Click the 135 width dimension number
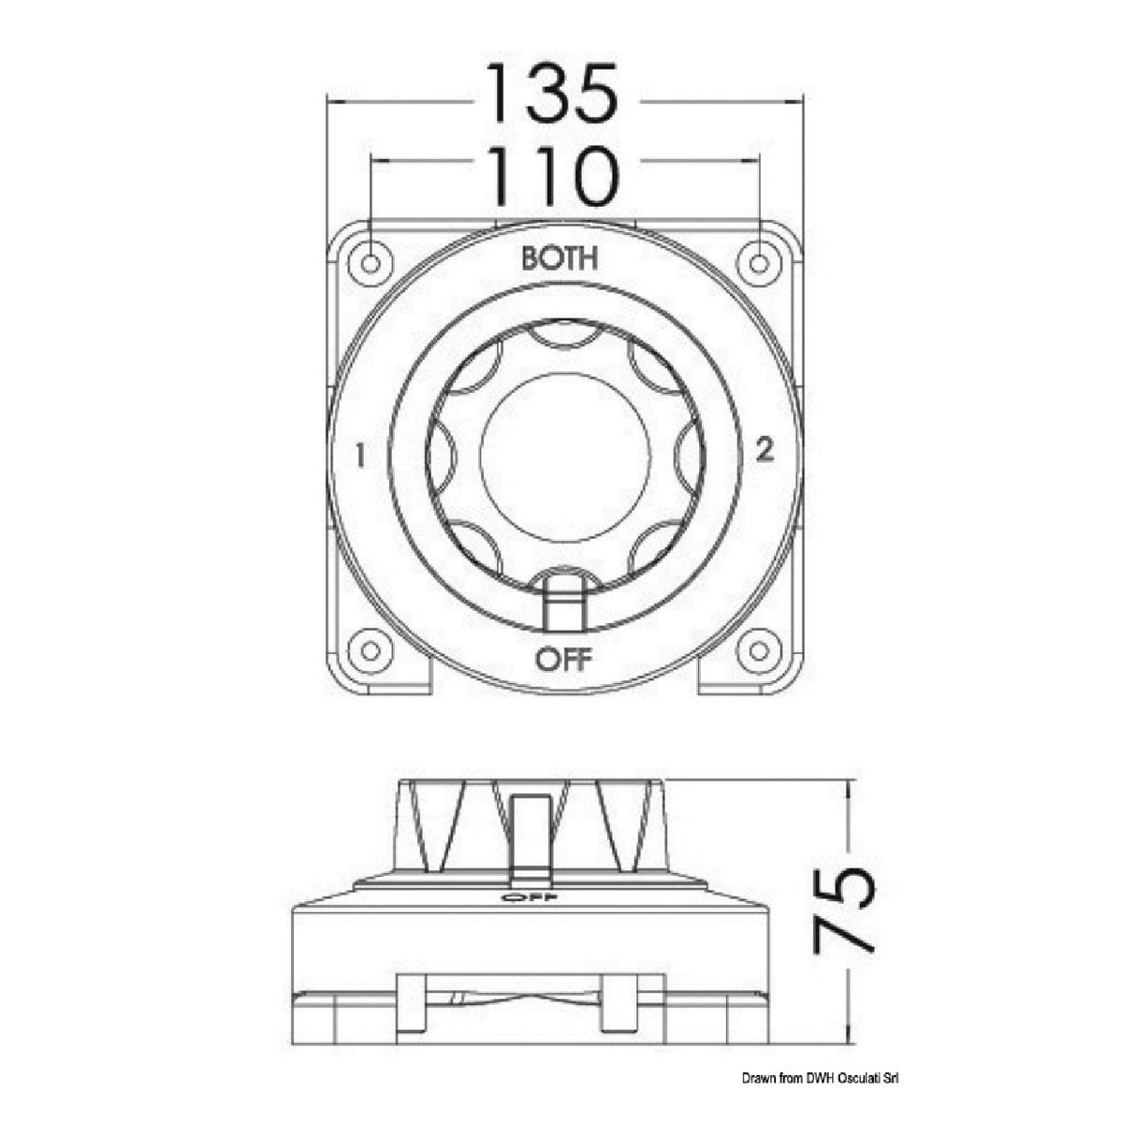click(x=553, y=94)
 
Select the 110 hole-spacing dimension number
click(x=553, y=176)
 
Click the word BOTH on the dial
click(x=560, y=258)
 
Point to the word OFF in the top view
click(x=563, y=660)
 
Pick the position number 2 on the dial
click(x=765, y=452)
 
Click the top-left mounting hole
click(x=371, y=263)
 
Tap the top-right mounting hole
click(x=759, y=263)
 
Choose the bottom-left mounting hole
click(x=371, y=649)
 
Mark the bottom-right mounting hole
click(x=759, y=649)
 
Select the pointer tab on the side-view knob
click(x=530, y=833)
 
